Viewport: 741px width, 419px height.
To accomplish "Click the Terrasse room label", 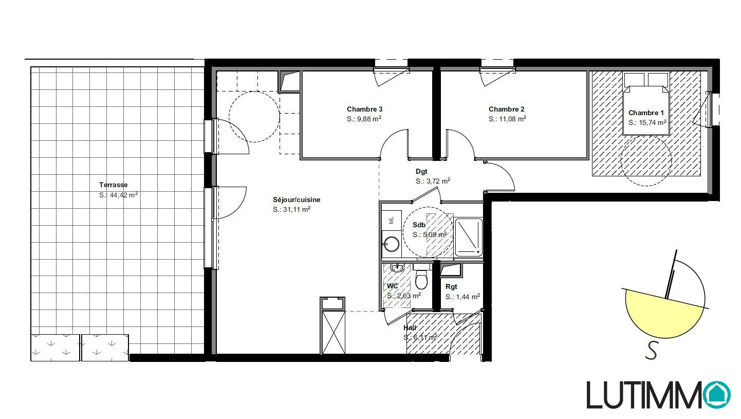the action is (x=113, y=185).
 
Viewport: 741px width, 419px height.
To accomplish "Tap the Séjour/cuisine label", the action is (x=297, y=199).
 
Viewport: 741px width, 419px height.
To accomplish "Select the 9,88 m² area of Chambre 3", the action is (x=364, y=119).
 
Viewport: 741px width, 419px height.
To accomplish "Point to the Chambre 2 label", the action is (x=507, y=109).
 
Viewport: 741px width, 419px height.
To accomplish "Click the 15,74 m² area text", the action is (x=647, y=122).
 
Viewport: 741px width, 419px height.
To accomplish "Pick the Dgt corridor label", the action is (x=421, y=171).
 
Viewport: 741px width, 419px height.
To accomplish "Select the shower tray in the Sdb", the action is (x=469, y=238).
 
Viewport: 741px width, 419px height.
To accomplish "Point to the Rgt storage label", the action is (x=451, y=286).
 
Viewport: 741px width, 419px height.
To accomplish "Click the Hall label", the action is (x=410, y=327).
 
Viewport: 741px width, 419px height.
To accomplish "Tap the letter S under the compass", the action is (x=652, y=351).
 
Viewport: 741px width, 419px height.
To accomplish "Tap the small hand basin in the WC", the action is (x=397, y=267).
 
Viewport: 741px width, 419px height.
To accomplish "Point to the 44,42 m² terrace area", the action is (x=118, y=195).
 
